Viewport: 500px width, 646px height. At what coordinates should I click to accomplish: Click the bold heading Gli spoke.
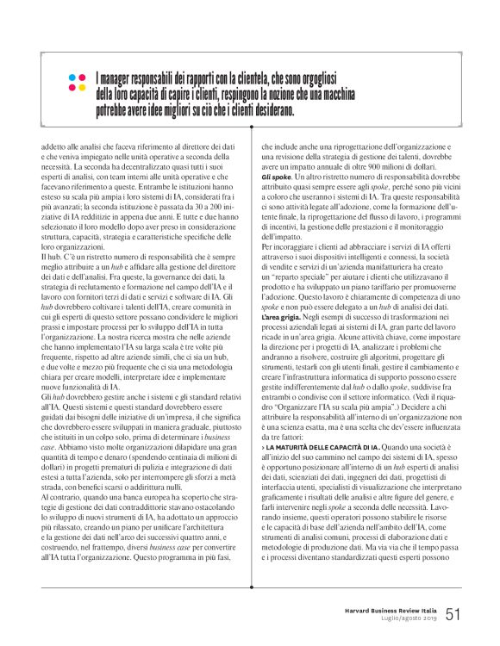276,176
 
